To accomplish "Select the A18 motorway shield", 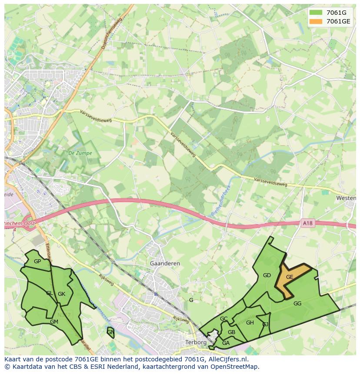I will [x=307, y=223].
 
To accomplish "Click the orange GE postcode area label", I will [x=290, y=277].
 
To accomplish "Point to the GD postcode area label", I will [x=267, y=275].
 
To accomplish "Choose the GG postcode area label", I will [x=297, y=304].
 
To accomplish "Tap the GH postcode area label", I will [x=250, y=323].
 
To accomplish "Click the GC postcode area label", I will [x=223, y=319].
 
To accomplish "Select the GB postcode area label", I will [x=231, y=332].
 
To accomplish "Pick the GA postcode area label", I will [x=226, y=343].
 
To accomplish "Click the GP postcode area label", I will [x=37, y=261].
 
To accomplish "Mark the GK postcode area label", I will [x=61, y=294].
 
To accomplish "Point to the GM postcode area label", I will [x=54, y=322].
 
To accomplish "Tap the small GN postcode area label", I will [x=110, y=332].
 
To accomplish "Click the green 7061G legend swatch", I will [x=316, y=13].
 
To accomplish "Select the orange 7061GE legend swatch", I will [x=316, y=21].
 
